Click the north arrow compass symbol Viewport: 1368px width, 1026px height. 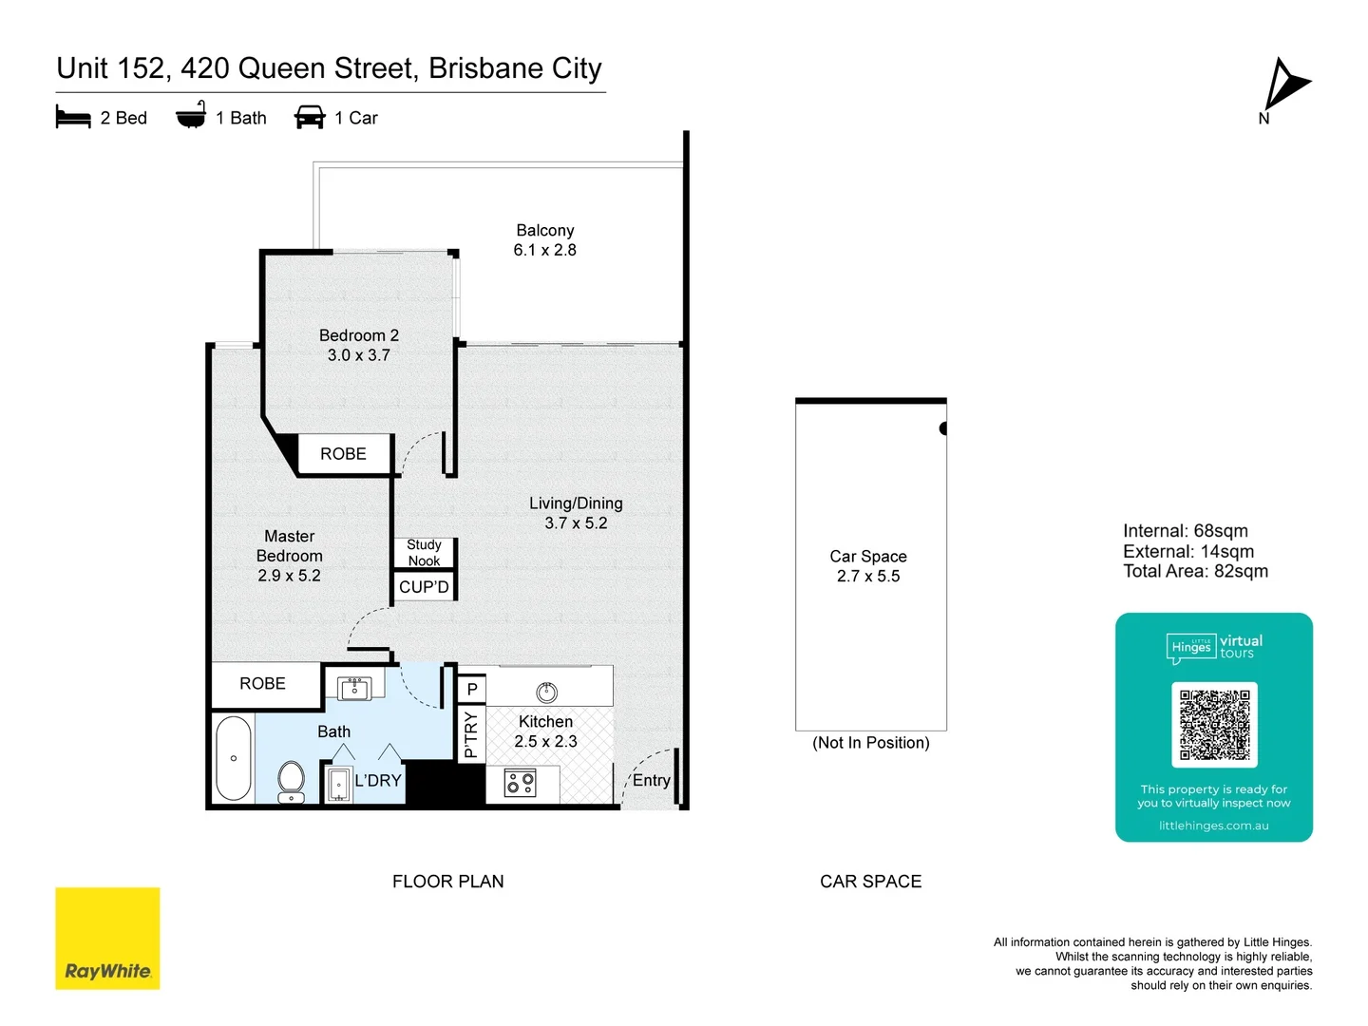coord(1284,85)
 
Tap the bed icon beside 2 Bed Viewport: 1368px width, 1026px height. coord(73,118)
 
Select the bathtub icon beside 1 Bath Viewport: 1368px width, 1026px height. coord(191,115)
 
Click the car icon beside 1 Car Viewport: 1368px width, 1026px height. coord(310,118)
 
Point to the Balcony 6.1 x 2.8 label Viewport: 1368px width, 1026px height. coord(545,240)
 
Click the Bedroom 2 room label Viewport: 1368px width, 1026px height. coord(359,335)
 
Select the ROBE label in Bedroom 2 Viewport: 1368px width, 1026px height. coord(343,454)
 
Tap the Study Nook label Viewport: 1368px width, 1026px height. coord(424,553)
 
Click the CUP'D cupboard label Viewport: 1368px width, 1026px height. coord(424,587)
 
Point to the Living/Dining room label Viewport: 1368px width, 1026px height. coord(576,503)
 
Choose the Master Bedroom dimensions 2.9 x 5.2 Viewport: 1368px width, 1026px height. coord(290,576)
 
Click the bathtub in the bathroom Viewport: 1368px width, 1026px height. coord(234,758)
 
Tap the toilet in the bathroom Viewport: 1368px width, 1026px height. coord(292,781)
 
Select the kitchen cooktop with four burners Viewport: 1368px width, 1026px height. coord(521,784)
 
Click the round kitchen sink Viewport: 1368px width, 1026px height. coord(546,692)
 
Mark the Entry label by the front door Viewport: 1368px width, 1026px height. coord(651,780)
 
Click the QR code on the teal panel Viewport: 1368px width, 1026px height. coord(1214,724)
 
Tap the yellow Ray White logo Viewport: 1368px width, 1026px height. coord(107,939)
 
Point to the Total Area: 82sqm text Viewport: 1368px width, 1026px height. coord(1195,572)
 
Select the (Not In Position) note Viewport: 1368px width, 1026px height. coord(870,743)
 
